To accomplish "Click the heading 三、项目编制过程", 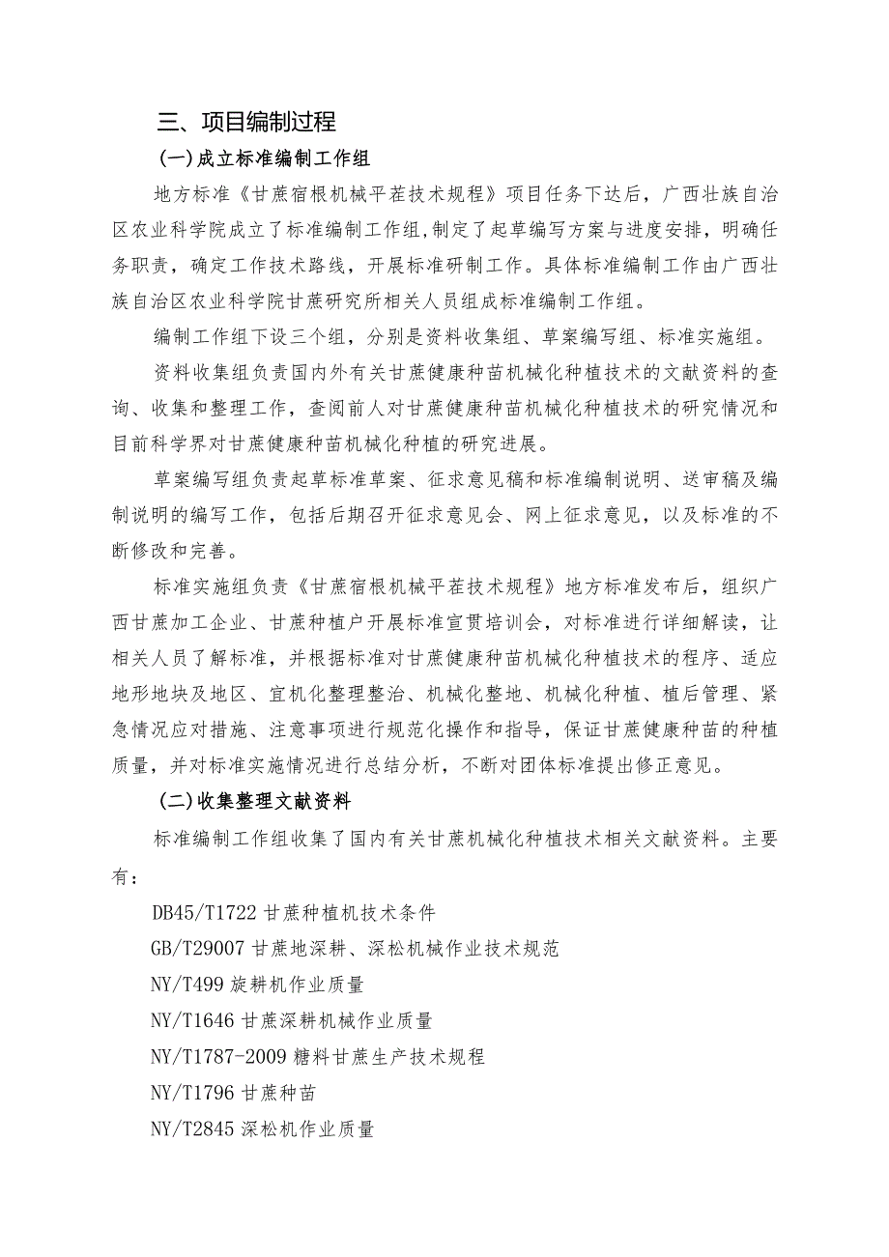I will pos(246,123).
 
